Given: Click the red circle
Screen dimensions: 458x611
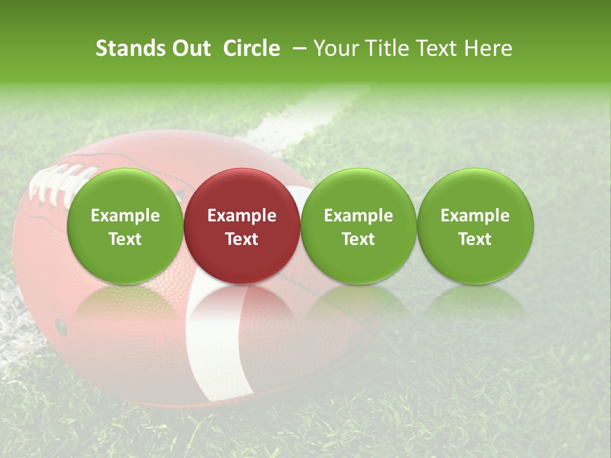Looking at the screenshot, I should [242, 226].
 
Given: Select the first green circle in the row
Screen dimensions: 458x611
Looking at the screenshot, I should [125, 226].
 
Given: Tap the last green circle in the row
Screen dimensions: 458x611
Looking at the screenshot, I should [475, 226].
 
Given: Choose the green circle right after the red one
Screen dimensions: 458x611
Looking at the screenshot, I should [358, 226].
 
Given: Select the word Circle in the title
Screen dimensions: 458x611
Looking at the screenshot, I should [251, 48].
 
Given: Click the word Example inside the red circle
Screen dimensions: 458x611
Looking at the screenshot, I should [242, 216].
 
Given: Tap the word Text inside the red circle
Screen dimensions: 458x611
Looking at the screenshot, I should [242, 239].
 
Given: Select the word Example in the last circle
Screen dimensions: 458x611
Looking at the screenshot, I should [475, 216].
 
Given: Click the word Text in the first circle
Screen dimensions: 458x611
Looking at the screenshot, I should [125, 239].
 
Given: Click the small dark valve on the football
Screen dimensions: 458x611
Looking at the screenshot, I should [61, 327].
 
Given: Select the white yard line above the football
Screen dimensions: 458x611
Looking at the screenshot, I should [299, 118].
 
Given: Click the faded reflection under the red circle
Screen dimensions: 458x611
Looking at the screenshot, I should [242, 305].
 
